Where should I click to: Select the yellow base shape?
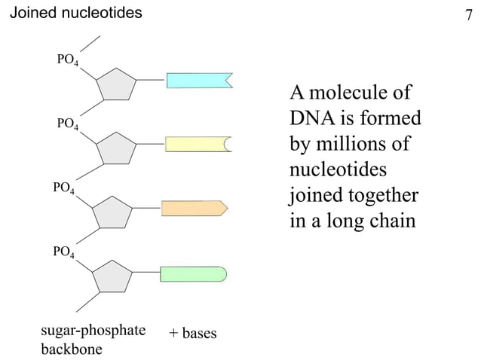click(x=198, y=144)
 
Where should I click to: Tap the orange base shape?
click(x=194, y=209)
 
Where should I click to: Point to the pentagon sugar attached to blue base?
click(x=115, y=85)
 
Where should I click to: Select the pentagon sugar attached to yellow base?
click(x=115, y=148)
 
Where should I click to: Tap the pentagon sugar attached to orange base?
click(x=113, y=212)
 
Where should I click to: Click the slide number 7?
click(x=468, y=14)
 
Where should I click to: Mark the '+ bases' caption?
click(x=193, y=332)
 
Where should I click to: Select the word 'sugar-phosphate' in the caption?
click(x=92, y=331)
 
